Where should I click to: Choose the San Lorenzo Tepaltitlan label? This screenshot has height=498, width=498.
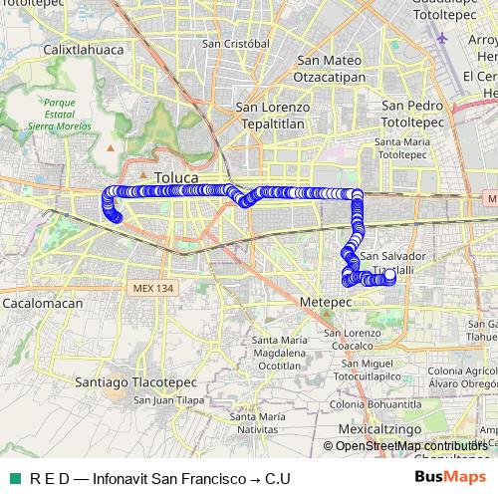point(272,115)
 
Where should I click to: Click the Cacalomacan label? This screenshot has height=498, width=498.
point(40,301)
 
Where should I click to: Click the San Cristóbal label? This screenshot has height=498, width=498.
point(236,44)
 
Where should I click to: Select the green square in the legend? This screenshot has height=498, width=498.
point(14,478)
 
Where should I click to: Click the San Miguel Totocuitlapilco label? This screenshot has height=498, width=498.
point(367,372)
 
